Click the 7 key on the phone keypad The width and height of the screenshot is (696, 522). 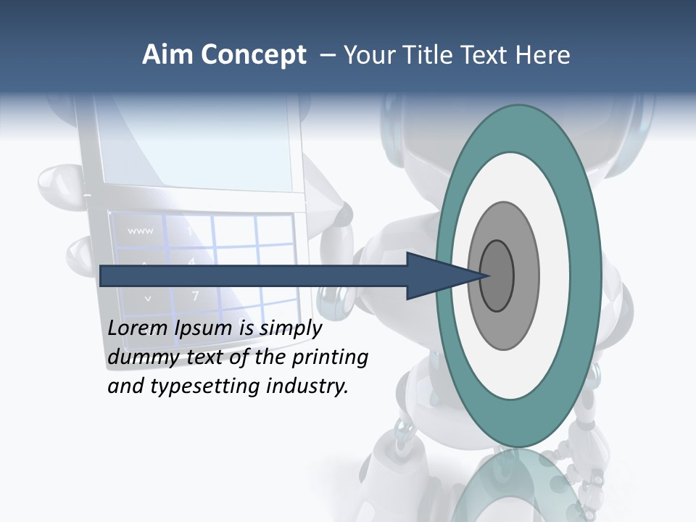[x=195, y=296]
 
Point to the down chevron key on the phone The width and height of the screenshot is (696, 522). [x=148, y=297]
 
